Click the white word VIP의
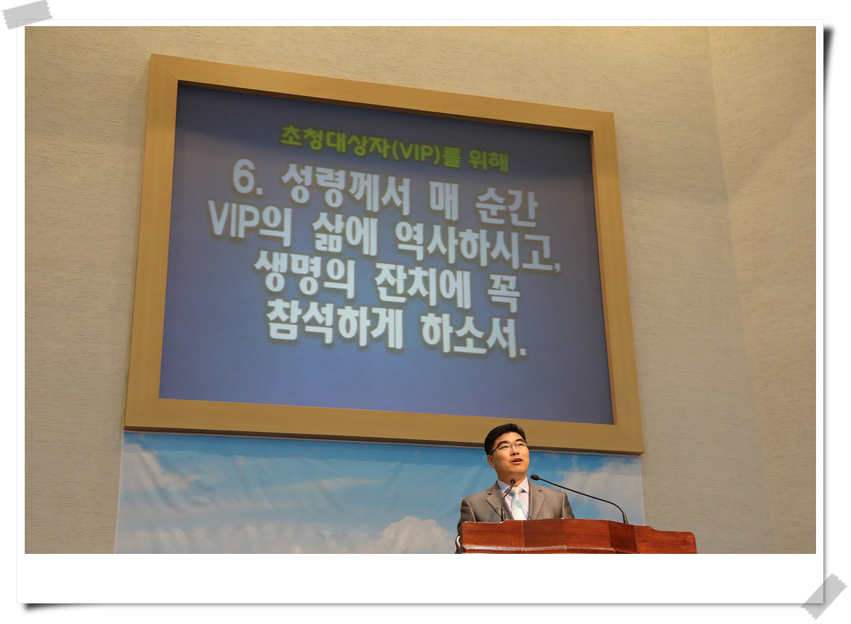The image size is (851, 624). [249, 224]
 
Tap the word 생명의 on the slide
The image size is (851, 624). [304, 274]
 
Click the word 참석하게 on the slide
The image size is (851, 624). [334, 325]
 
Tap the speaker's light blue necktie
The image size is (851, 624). [518, 503]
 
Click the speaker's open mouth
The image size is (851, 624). [516, 461]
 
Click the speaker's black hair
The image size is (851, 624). [505, 434]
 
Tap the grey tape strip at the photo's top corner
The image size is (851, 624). [27, 14]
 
